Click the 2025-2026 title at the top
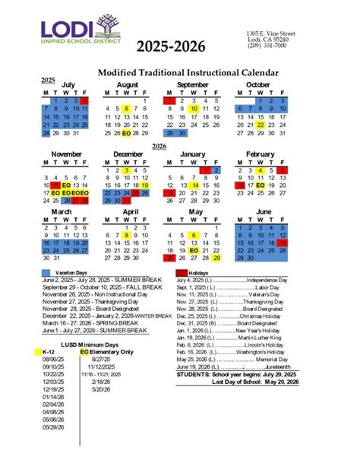tap(171, 47)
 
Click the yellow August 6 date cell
tap(127, 109)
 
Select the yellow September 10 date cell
tap(194, 109)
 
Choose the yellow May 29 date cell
tap(216, 258)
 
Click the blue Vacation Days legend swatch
tap(46, 271)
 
